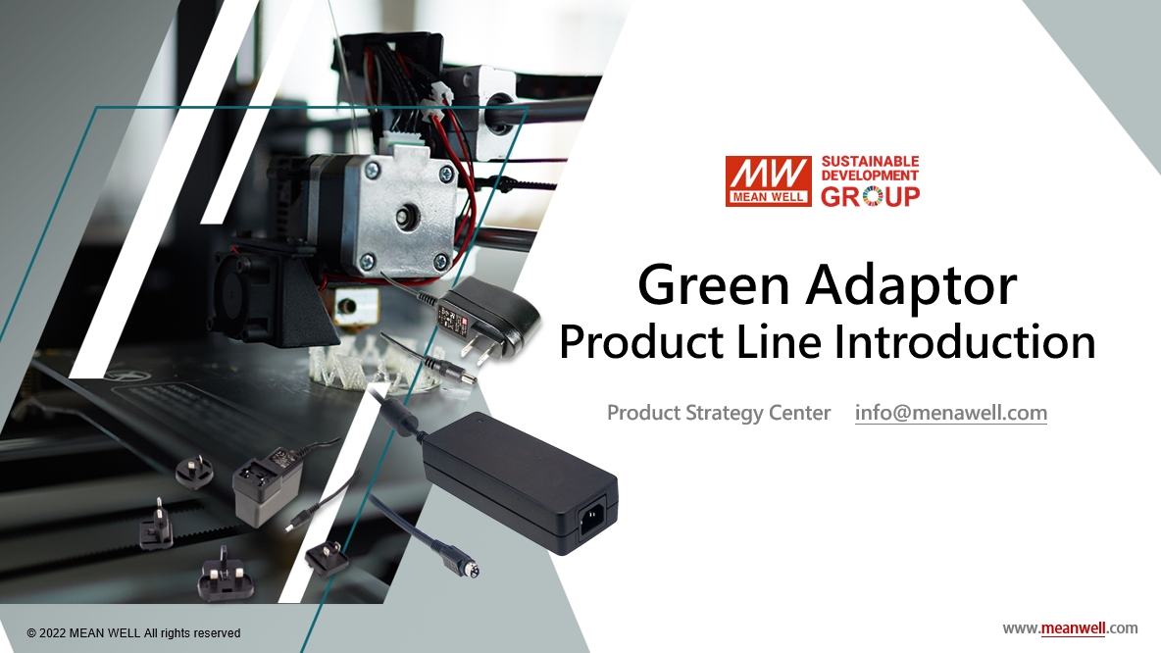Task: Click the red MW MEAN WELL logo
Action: [x=768, y=180]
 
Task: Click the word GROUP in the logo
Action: [x=870, y=196]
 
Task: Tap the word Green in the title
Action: [x=713, y=285]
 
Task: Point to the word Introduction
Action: [x=965, y=342]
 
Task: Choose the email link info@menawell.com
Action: [x=951, y=413]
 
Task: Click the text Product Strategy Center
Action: [x=718, y=413]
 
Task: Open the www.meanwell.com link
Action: [x=1070, y=628]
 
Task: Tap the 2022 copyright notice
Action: [x=133, y=633]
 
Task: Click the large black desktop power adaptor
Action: [x=520, y=481]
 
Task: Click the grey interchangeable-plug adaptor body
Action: [x=268, y=485]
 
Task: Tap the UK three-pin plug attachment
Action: [x=225, y=576]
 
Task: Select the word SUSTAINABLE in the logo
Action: [x=870, y=162]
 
